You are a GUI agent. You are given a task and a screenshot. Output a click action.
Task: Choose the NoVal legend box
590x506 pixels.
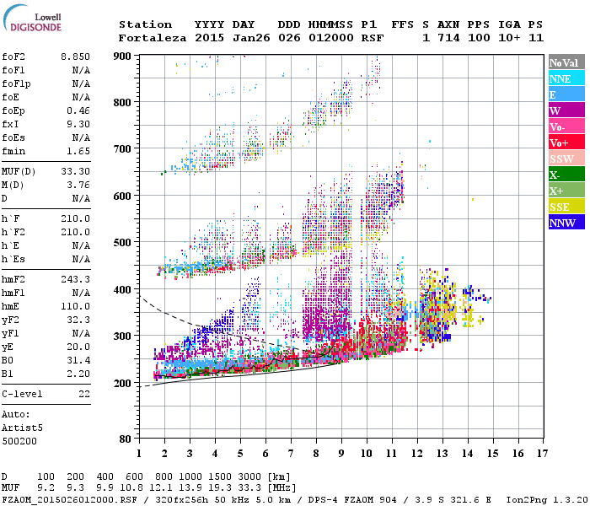[565, 62]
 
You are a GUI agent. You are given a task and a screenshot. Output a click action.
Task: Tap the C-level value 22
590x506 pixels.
[84, 394]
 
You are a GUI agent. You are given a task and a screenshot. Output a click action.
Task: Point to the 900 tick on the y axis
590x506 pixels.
[123, 56]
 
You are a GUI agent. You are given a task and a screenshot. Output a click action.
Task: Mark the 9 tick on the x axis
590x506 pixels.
[341, 454]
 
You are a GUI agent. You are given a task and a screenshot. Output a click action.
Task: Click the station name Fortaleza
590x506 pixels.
[145, 38]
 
